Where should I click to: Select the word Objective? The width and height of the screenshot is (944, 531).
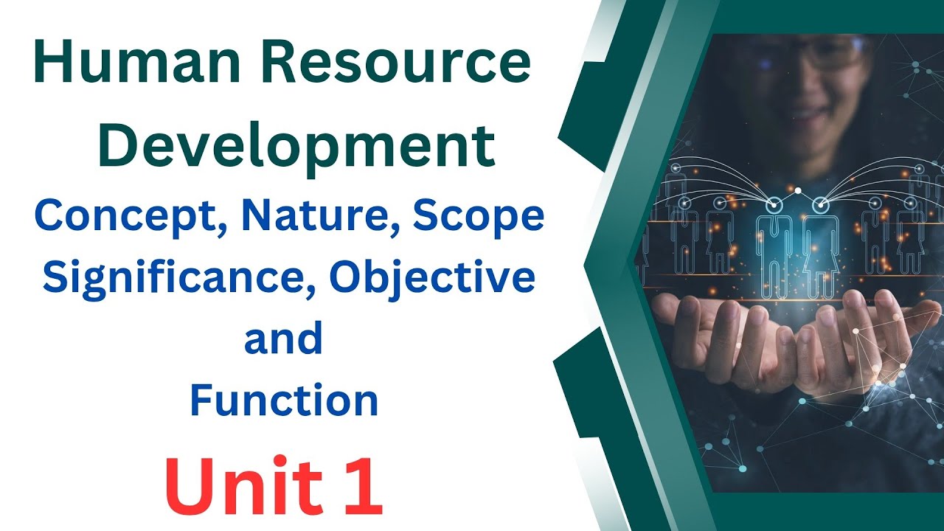click(x=432, y=278)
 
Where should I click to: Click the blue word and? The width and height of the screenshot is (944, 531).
click(x=283, y=339)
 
